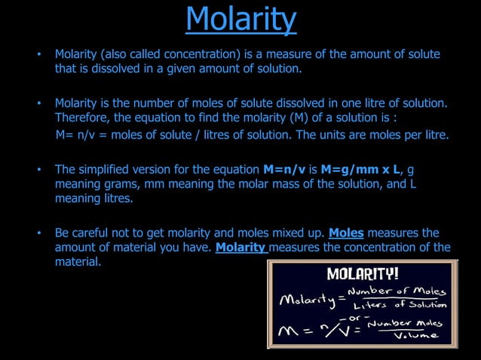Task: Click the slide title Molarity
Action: click(x=240, y=19)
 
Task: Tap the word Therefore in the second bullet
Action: click(x=81, y=118)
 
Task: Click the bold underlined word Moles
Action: click(x=347, y=233)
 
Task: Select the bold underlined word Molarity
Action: click(x=241, y=247)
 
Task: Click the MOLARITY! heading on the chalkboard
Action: click(x=363, y=273)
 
